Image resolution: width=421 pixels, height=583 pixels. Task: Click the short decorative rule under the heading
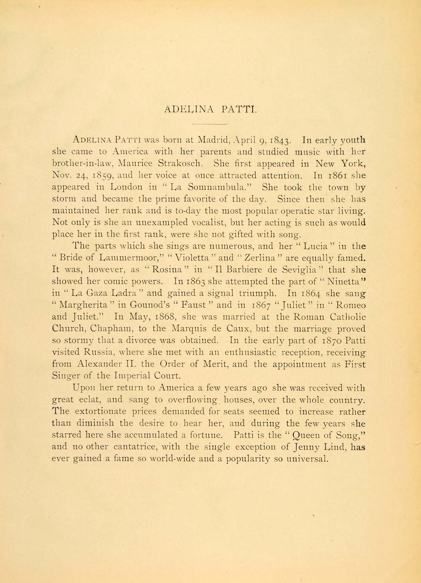click(x=209, y=124)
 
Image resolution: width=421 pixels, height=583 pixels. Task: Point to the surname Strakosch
click(x=189, y=164)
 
